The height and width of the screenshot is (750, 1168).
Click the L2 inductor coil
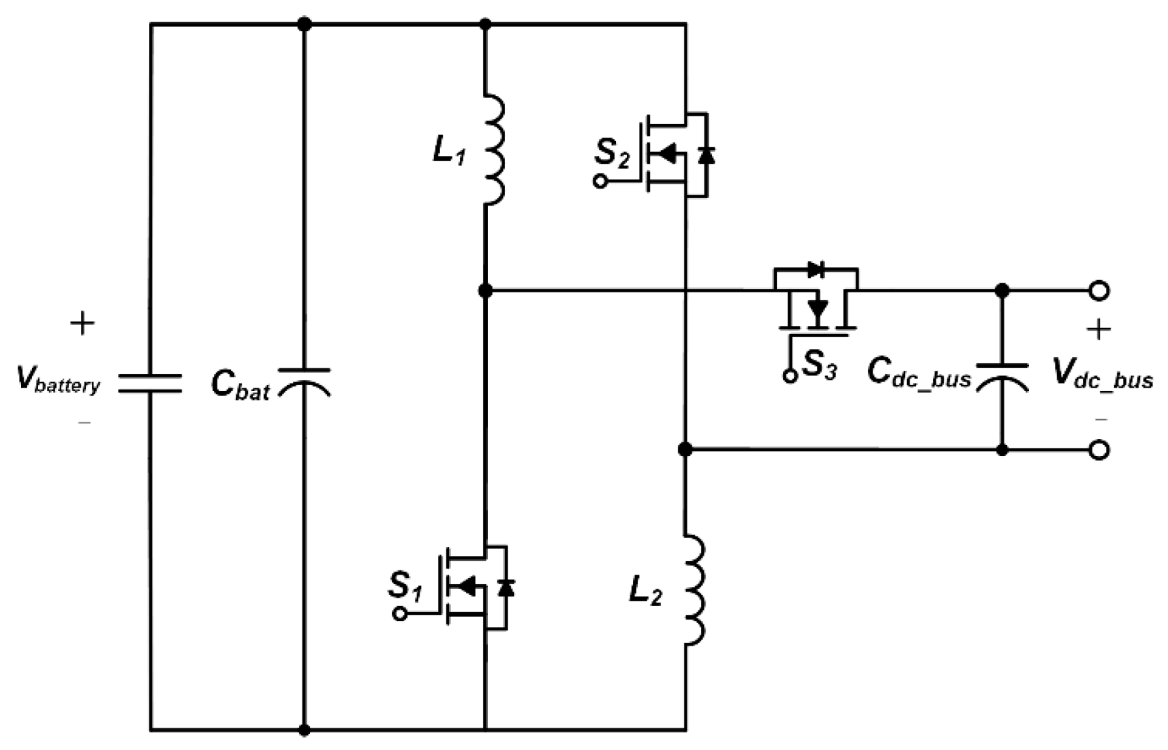click(695, 589)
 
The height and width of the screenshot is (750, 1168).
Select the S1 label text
click(405, 585)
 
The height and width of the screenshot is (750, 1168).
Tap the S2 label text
click(611, 152)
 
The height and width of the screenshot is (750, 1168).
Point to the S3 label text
click(819, 365)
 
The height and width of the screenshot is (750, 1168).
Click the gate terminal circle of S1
click(399, 613)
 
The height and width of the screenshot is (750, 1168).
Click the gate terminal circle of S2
click(600, 182)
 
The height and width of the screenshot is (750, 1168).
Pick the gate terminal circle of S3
click(789, 376)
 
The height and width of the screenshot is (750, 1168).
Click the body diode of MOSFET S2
click(706, 154)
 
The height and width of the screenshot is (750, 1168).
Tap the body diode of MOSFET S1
click(506, 587)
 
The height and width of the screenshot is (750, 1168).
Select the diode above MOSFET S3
click(816, 269)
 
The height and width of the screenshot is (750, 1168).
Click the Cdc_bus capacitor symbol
click(1002, 376)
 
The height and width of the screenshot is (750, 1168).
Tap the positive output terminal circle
click(1099, 291)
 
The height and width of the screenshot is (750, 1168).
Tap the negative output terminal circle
click(1099, 450)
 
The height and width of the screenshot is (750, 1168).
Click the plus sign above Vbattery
click(83, 324)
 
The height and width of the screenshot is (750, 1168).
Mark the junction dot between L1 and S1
click(485, 291)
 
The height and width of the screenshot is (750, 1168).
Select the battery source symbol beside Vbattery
click(151, 383)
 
